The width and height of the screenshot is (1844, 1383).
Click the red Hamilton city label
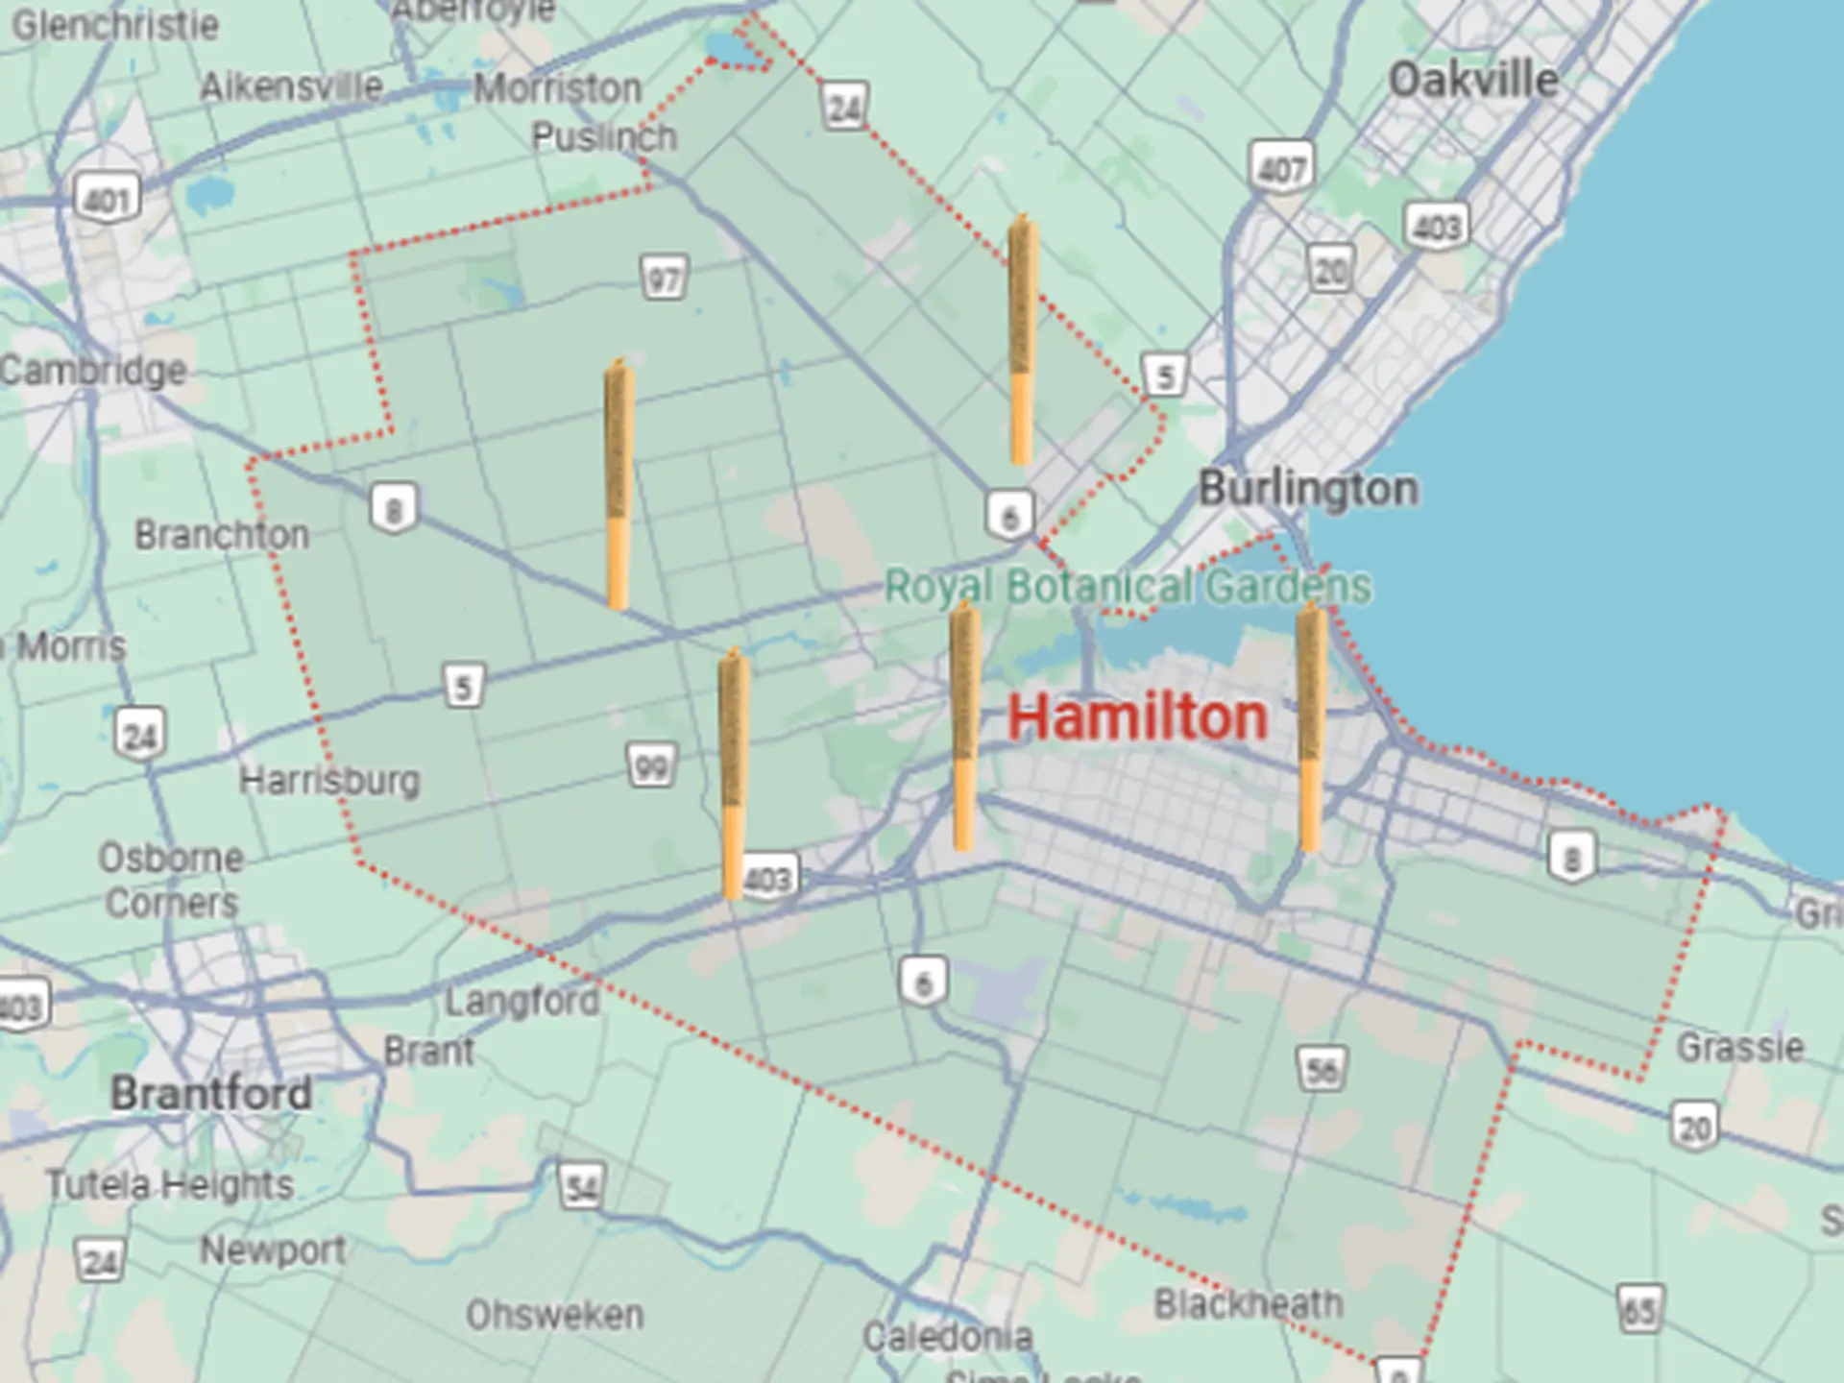pos(1137,717)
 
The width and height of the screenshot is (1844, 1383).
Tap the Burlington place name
pos(1307,489)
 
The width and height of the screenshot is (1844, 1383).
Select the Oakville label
pos(1473,80)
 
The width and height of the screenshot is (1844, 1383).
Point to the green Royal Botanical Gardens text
pos(1128,587)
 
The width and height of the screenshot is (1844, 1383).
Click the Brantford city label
pos(210,1093)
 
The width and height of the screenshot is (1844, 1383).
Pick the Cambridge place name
pos(93,370)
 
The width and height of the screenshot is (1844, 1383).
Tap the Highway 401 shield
pos(107,200)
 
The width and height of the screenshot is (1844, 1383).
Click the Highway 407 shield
pos(1281,168)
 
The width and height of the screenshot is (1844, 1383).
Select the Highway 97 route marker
pos(664,279)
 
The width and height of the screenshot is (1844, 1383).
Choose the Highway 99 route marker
pos(651,766)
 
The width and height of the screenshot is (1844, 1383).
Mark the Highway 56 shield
pos(1322,1069)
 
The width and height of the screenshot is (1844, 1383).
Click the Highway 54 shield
pos(582,1187)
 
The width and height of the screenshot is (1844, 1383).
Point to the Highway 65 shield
pos(1638,1308)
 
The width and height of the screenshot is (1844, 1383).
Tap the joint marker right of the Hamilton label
pos(1311,727)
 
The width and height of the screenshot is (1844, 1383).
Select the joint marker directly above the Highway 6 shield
pos(1021,340)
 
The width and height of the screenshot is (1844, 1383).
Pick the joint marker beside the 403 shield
pos(733,773)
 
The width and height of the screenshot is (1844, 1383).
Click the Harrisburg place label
pos(329,780)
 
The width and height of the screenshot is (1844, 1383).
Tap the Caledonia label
pos(947,1336)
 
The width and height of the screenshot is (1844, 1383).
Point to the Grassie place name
pos(1739,1046)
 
